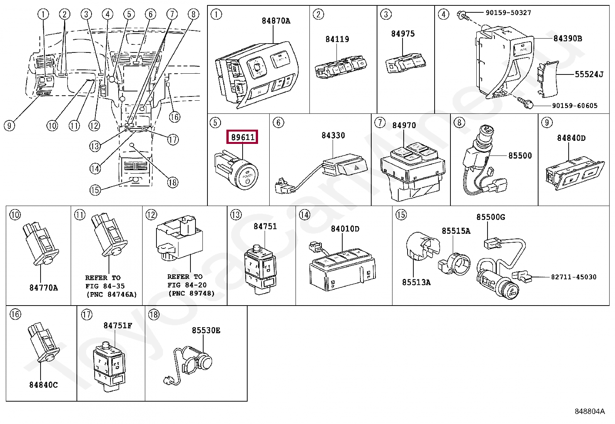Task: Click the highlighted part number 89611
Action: coord(242,137)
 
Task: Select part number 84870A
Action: coord(276,20)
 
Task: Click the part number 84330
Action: coord(333,135)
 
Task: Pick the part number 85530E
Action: coord(206,330)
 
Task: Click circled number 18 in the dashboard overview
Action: coord(173,182)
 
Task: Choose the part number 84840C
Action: coord(43,385)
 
